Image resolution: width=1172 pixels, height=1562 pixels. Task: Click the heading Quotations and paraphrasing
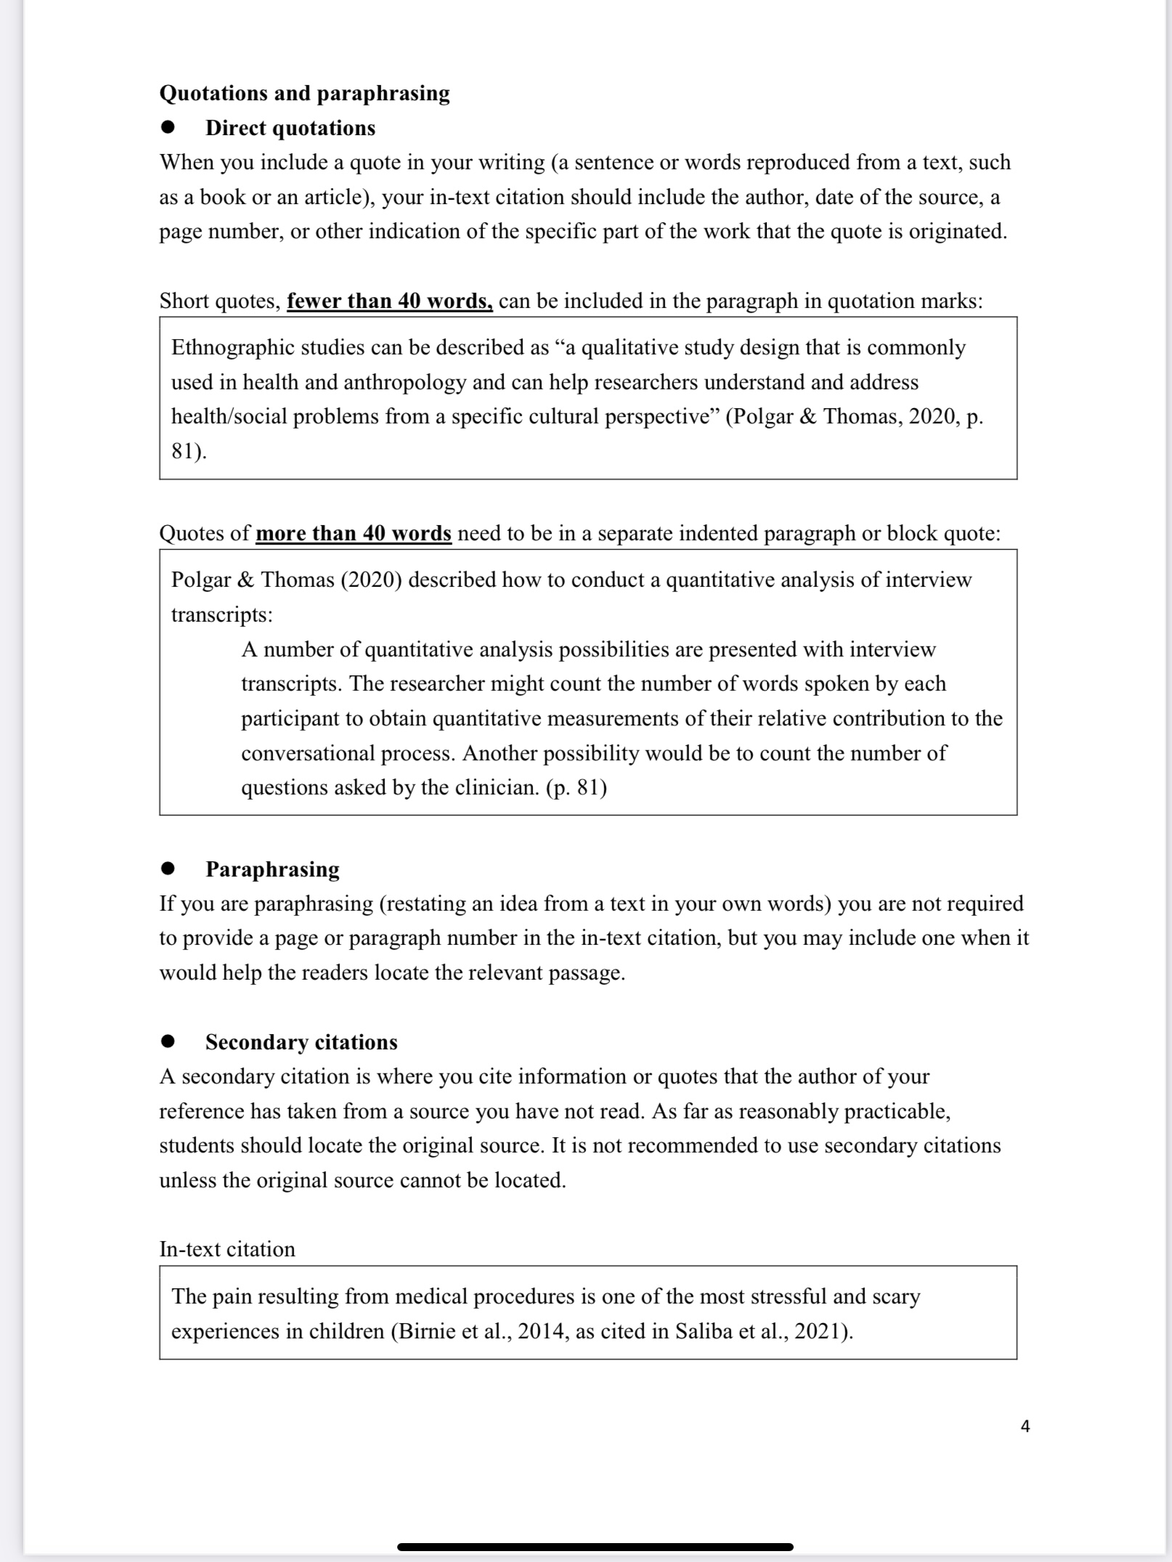click(304, 93)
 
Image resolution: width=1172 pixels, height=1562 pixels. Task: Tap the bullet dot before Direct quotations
click(168, 128)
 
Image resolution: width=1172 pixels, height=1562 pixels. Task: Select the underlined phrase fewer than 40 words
click(389, 301)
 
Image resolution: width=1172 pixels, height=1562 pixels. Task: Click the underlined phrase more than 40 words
click(353, 534)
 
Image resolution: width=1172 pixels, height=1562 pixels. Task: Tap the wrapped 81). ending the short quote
click(189, 452)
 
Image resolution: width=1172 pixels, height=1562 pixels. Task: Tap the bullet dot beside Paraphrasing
click(168, 869)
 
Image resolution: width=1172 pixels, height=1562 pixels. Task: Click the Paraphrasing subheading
click(272, 869)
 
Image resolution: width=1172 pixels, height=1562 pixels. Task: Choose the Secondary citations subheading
click(301, 1042)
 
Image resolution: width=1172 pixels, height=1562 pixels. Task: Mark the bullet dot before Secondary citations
click(168, 1042)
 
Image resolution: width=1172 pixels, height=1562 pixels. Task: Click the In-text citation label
click(227, 1249)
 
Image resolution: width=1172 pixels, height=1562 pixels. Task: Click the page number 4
click(1025, 1426)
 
